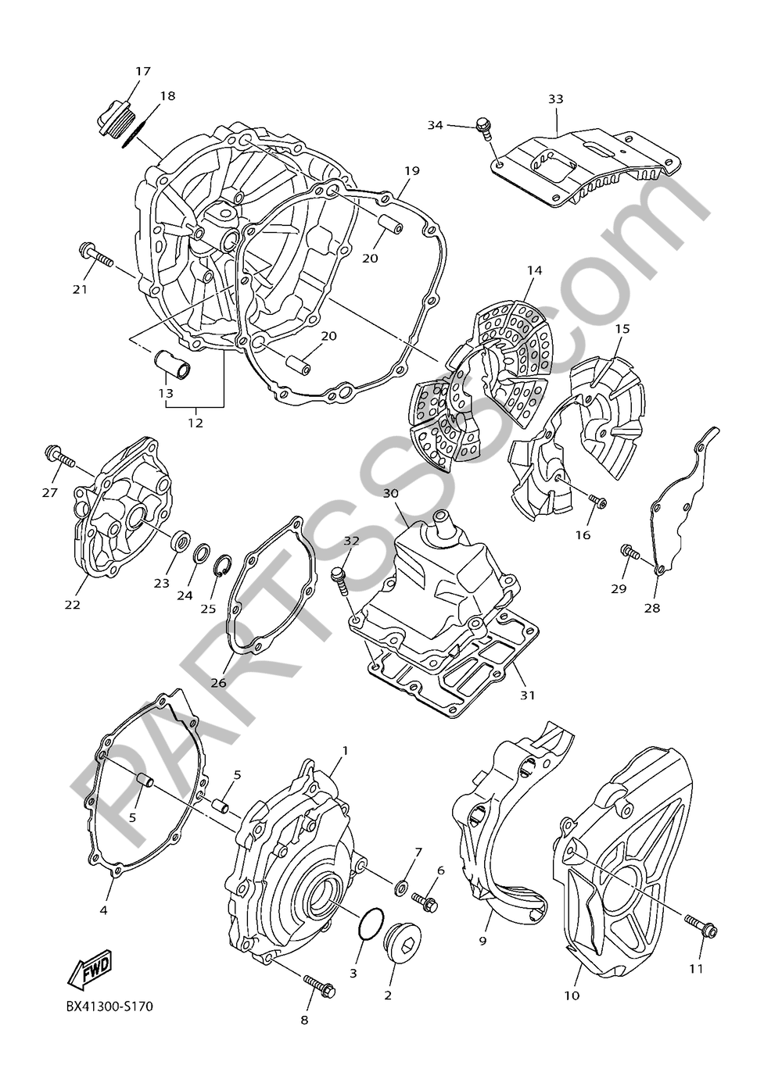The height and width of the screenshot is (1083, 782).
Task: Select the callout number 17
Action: point(142,72)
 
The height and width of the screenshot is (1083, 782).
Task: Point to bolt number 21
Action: point(95,256)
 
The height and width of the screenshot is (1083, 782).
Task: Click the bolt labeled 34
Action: point(485,128)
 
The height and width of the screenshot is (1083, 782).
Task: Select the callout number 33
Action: point(555,99)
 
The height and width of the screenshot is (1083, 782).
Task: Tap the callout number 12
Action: point(195,423)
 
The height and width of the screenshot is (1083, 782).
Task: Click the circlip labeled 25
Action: point(223,563)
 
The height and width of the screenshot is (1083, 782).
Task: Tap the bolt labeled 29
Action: point(629,552)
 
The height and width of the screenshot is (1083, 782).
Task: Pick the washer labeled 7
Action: point(400,886)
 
